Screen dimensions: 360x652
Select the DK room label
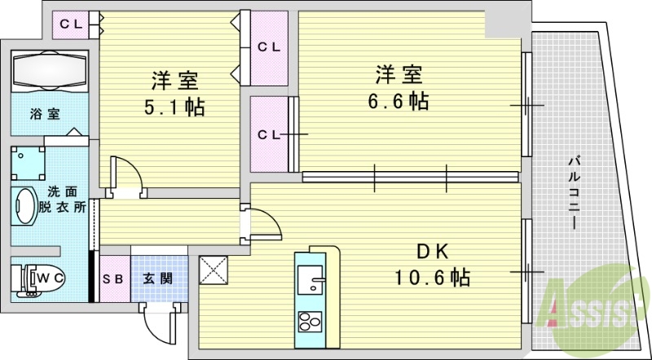(433, 250)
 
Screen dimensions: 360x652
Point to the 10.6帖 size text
(433, 277)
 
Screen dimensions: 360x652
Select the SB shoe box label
(113, 279)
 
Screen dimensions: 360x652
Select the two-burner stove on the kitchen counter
(310, 321)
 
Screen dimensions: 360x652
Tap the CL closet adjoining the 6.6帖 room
(268, 134)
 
